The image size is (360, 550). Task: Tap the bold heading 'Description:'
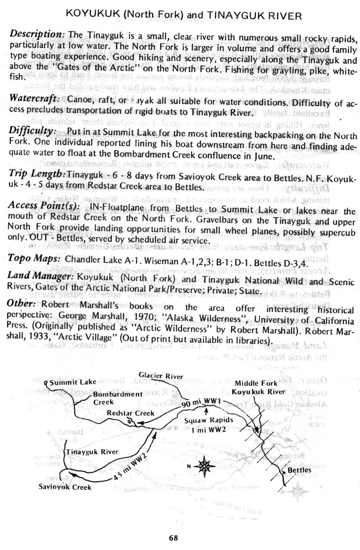37,35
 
